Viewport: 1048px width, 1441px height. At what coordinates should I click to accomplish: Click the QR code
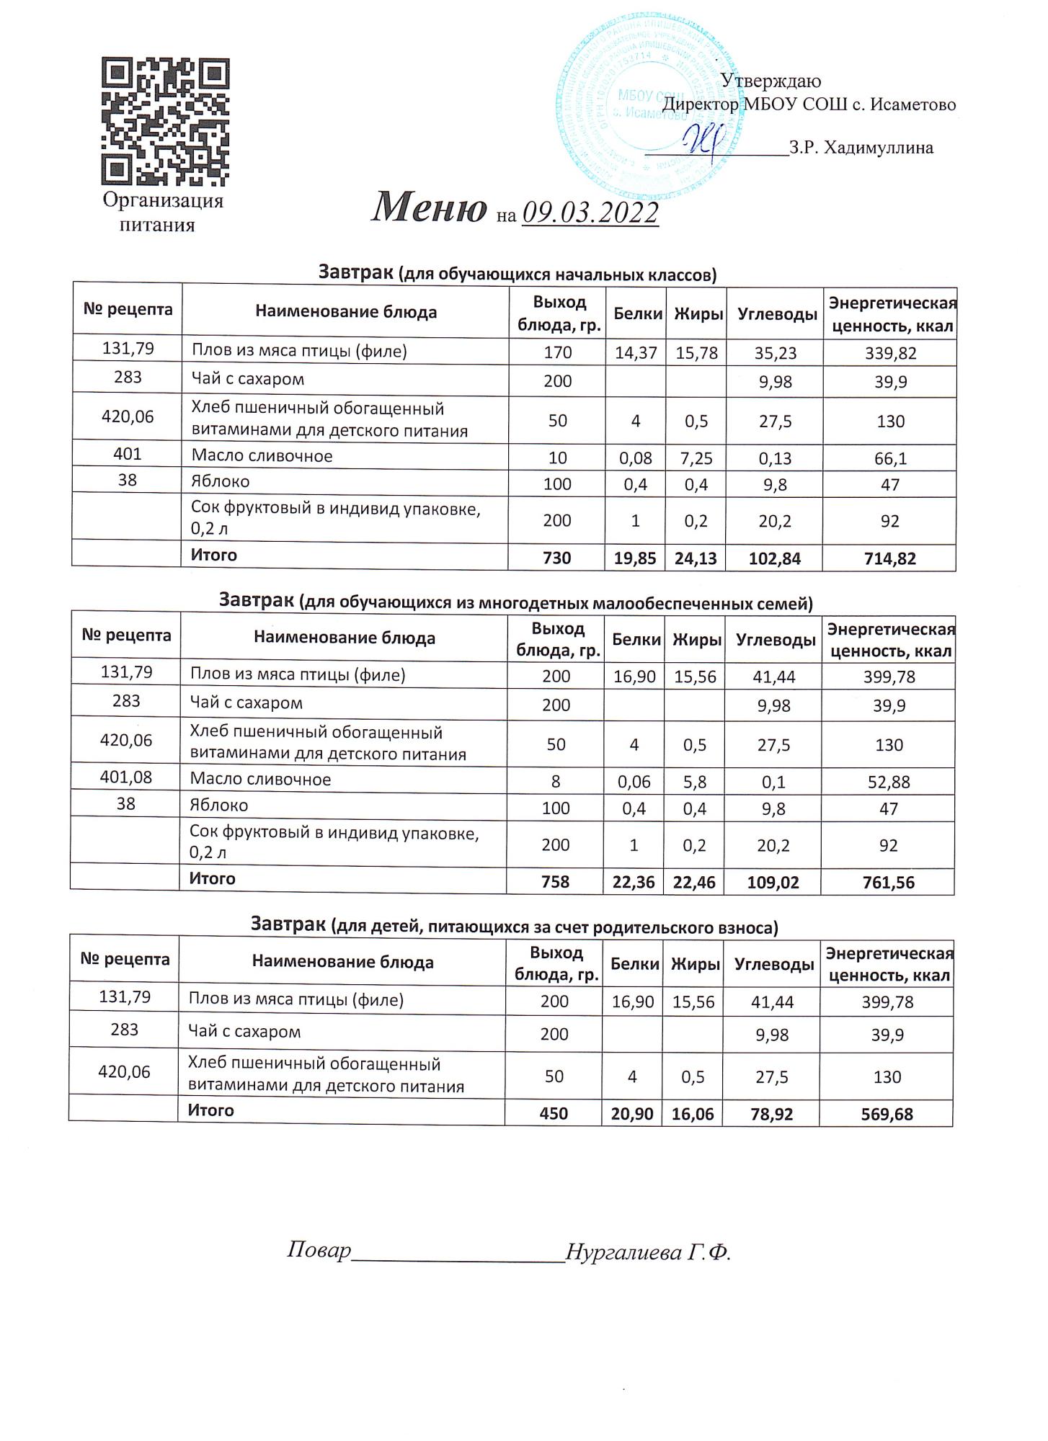(165, 122)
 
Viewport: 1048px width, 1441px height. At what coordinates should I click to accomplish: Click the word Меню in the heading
(429, 208)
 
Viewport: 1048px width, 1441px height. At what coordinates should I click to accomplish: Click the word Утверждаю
(771, 81)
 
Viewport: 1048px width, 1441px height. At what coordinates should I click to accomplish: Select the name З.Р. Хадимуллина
(861, 148)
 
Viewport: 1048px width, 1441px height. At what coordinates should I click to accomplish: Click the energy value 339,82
(890, 352)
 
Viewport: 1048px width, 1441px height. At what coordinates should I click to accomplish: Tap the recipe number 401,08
(126, 777)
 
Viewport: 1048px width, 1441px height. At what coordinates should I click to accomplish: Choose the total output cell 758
(556, 882)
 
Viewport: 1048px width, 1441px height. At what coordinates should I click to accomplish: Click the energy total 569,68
(887, 1115)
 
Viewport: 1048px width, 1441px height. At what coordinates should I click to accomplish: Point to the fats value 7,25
(696, 458)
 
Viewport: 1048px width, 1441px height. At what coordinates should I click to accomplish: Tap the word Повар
(319, 1270)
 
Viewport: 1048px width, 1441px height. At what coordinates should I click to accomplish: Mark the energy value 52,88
(889, 782)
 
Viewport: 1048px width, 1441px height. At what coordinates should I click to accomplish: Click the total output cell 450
(554, 1114)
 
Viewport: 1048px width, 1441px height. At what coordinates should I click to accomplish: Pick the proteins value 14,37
(636, 352)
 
